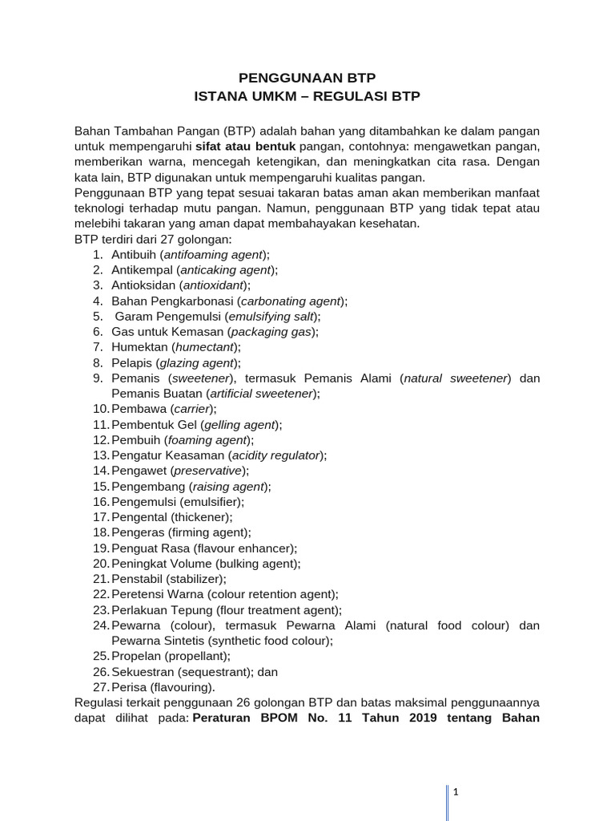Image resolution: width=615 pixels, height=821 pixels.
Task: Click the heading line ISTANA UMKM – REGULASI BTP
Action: (x=307, y=96)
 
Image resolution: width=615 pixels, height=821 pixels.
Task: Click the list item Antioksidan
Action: (x=181, y=285)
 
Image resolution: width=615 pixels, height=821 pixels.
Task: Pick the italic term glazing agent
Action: (x=203, y=362)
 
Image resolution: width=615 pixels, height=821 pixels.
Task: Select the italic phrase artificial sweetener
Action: (x=261, y=393)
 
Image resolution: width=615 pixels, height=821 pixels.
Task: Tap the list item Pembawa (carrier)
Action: (x=163, y=408)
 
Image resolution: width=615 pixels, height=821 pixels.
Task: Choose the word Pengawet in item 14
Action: (x=136, y=470)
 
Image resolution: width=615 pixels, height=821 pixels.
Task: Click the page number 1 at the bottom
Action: (x=454, y=792)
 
